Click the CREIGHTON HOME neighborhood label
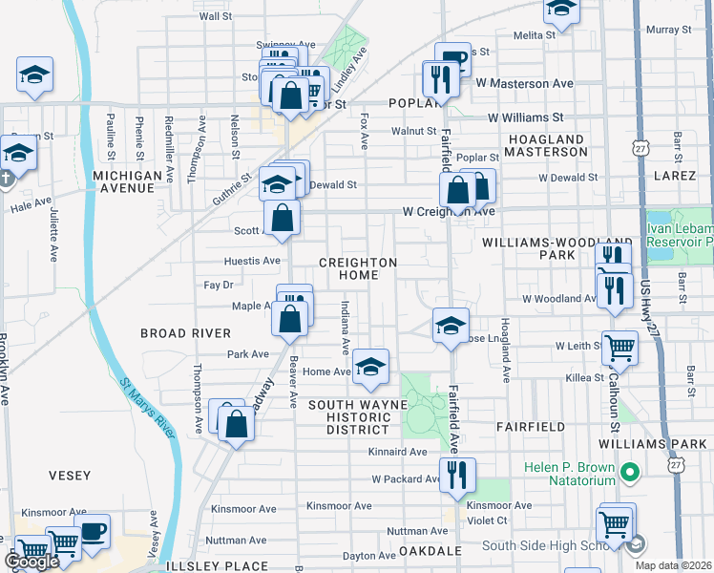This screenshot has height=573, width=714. pyautogui.click(x=357, y=268)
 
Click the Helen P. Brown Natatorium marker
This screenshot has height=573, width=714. pyautogui.click(x=629, y=472)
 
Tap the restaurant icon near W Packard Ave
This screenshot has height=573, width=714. pyautogui.click(x=456, y=475)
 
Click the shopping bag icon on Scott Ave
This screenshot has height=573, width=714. pyautogui.click(x=283, y=218)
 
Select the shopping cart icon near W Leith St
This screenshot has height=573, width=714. pyautogui.click(x=620, y=349)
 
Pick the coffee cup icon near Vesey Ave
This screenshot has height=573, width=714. pyautogui.click(x=93, y=532)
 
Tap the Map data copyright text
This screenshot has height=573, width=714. pyautogui.click(x=673, y=565)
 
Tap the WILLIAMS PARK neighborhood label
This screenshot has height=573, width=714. pyautogui.click(x=654, y=444)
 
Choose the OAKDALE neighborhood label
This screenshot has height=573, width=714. pyautogui.click(x=430, y=551)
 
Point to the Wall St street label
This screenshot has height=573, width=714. pyautogui.click(x=215, y=16)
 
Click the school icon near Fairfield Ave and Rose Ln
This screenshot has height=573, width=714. pyautogui.click(x=451, y=325)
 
